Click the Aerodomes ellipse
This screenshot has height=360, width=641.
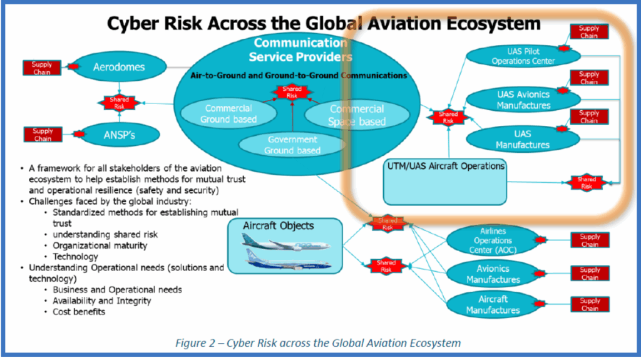[x=119, y=66]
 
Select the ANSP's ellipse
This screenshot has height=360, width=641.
[x=118, y=133]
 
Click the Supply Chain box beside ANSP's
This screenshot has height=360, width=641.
[x=43, y=134]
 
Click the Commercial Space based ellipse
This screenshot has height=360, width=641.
[x=357, y=115]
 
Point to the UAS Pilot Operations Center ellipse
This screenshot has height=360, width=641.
[x=523, y=56]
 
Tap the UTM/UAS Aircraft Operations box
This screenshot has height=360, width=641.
[x=444, y=180]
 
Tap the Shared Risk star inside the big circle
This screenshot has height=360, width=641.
[x=292, y=93]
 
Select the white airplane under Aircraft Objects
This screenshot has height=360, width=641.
[x=285, y=240]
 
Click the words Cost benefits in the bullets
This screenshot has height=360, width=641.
[x=78, y=311]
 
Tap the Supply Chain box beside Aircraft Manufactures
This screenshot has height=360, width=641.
[x=589, y=304]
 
